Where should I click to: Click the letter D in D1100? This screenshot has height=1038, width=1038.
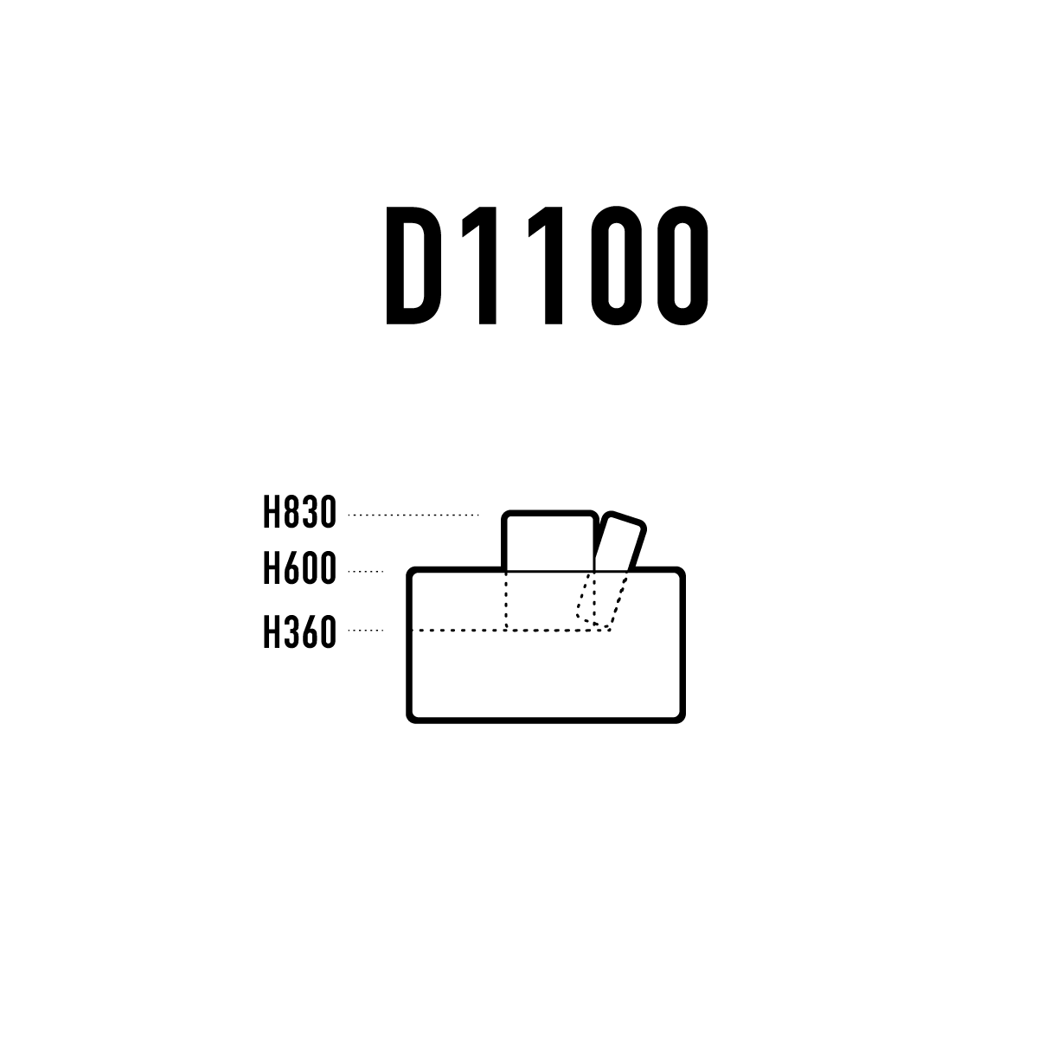coord(413,266)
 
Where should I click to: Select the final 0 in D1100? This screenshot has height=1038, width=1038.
coord(682,266)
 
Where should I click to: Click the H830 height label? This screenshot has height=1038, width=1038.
coord(300,512)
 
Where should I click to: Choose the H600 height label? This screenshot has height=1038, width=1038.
coord(300,567)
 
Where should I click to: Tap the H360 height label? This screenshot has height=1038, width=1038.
coord(300,631)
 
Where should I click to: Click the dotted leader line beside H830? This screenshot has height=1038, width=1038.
coord(413,515)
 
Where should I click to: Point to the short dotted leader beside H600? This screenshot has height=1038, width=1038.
coord(366,571)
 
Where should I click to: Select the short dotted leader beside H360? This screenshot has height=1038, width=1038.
coord(366,630)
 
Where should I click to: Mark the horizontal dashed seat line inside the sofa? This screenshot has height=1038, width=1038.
coord(510,630)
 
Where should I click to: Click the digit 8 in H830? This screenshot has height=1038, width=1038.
coord(292,512)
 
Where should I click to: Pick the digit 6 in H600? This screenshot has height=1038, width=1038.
coord(292,567)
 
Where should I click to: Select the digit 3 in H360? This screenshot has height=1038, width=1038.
coord(292,631)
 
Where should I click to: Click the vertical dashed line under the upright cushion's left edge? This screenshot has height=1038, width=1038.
coord(506,600)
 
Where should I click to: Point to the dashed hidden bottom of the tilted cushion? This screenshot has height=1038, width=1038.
coord(593,622)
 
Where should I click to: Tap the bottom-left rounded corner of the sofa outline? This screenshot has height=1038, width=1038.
coord(413,716)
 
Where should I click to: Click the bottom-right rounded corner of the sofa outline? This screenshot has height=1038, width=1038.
coord(679,716)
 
